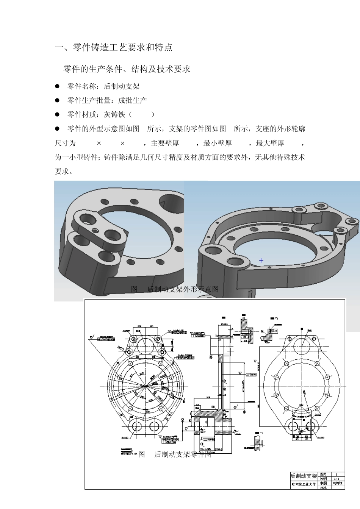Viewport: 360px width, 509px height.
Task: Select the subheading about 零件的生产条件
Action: click(127, 69)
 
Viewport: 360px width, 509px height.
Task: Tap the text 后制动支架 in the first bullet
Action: click(122, 86)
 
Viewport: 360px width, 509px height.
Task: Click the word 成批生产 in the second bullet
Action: click(132, 100)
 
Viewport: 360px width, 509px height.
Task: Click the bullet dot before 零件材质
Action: click(58, 114)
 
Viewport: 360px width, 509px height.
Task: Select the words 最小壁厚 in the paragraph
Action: click(218, 143)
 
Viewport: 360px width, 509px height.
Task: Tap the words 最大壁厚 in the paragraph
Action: click(270, 143)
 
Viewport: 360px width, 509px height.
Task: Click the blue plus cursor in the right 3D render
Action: click(261, 261)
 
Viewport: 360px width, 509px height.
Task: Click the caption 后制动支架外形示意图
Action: click(183, 289)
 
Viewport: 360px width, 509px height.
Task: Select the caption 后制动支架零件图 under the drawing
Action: click(183, 454)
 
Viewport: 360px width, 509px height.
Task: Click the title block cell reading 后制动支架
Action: click(304, 476)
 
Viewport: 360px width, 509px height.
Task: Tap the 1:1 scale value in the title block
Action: click(336, 479)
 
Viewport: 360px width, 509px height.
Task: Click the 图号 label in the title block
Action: click(323, 474)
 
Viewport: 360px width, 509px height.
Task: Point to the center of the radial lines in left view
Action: click(146, 386)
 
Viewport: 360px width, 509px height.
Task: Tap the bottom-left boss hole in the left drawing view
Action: click(137, 426)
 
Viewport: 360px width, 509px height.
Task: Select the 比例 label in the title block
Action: click(323, 479)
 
